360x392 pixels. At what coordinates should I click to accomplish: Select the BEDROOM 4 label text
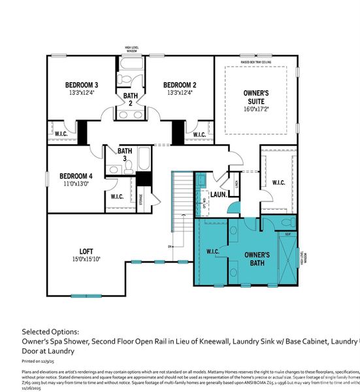[x=76, y=176]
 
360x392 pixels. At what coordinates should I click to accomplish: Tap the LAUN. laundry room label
[x=218, y=195]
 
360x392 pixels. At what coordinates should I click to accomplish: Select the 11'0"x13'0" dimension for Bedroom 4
[x=76, y=185]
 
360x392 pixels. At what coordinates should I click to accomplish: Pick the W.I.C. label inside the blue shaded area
[x=211, y=252]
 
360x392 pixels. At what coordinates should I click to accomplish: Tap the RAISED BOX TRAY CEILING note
[x=256, y=62]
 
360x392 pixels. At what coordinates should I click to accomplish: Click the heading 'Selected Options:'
[x=50, y=331]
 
